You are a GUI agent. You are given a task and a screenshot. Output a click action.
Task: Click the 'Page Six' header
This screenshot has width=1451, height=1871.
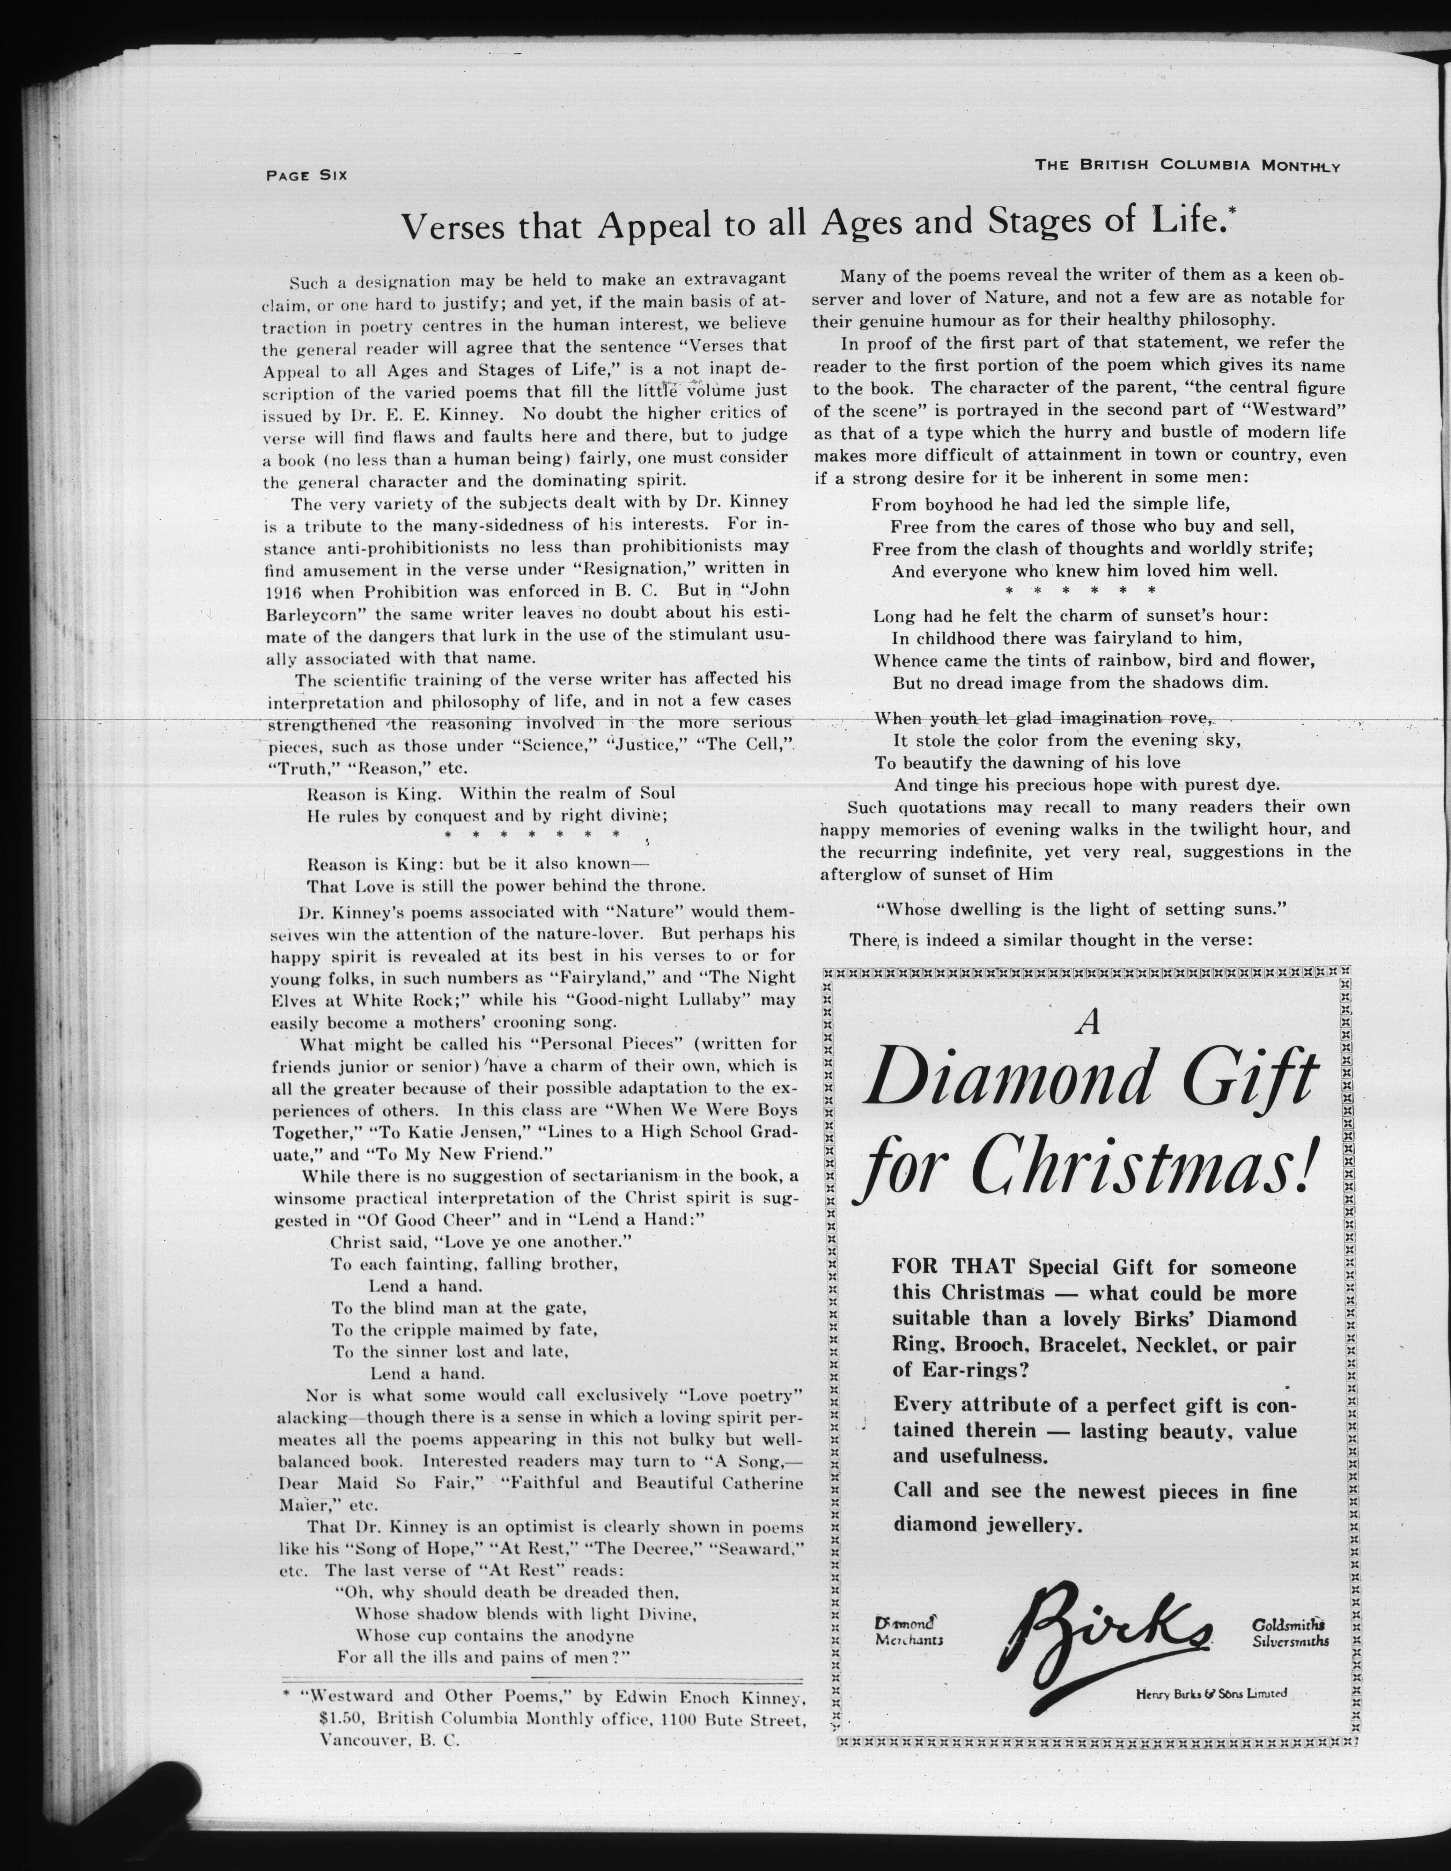(x=306, y=176)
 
